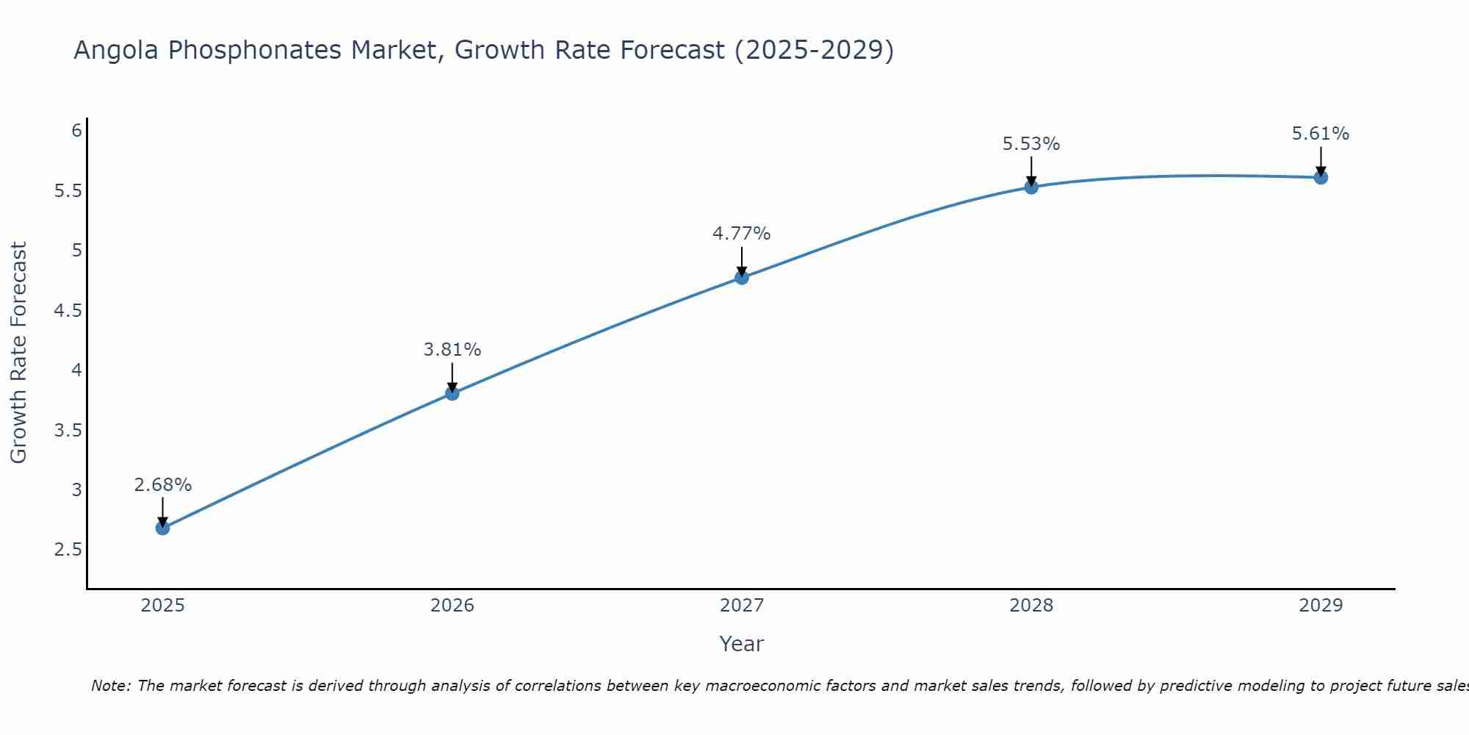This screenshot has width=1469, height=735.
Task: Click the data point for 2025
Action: [x=162, y=528]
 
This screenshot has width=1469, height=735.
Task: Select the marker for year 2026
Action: [x=452, y=393]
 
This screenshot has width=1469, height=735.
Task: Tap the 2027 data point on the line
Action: [x=741, y=277]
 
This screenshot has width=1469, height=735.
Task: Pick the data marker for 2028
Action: [x=1031, y=187]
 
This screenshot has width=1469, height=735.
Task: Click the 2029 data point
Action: [x=1320, y=177]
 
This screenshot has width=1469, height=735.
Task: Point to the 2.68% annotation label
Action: [x=162, y=485]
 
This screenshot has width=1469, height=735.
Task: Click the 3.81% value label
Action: [x=452, y=350]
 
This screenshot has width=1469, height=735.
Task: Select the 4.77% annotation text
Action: [x=741, y=234]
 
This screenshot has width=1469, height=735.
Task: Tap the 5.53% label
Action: [x=1031, y=144]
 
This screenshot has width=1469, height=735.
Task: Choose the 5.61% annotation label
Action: [x=1320, y=134]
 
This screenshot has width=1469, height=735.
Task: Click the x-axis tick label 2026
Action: [x=452, y=606]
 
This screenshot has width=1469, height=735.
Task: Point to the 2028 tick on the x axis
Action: [x=1031, y=606]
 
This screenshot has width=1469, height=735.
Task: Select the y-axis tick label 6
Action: [x=76, y=131]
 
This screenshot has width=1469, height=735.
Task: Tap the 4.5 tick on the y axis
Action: [x=68, y=311]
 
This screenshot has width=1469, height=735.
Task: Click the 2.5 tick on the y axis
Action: [x=68, y=550]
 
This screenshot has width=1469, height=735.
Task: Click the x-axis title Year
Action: [x=741, y=644]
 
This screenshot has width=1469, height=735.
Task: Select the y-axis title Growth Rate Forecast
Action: [x=18, y=353]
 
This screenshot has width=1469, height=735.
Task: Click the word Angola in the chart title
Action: [x=116, y=50]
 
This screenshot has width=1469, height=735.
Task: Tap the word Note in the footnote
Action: [x=110, y=686]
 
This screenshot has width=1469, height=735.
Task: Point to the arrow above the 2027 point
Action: [x=741, y=261]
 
